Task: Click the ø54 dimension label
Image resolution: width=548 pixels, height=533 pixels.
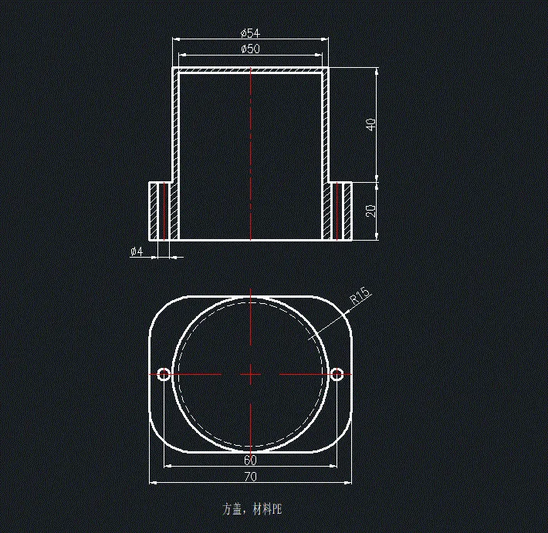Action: (250, 32)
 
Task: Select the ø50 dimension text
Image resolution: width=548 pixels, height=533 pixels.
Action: (250, 49)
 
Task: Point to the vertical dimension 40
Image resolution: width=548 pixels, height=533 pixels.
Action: (371, 123)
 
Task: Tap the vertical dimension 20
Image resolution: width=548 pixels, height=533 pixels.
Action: (371, 211)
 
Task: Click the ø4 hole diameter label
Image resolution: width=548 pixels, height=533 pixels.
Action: (137, 251)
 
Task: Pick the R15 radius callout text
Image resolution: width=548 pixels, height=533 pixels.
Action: (360, 296)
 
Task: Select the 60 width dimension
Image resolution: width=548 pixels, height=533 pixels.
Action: (250, 460)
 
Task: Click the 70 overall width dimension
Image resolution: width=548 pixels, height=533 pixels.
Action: (250, 477)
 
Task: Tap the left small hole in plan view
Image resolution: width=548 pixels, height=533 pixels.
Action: (164, 374)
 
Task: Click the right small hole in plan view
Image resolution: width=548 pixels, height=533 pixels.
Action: (337, 374)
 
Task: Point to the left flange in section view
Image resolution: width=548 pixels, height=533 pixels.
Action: (158, 211)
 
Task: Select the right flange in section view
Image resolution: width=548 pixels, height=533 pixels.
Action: (342, 211)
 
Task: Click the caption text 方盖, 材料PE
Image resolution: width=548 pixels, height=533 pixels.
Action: (252, 509)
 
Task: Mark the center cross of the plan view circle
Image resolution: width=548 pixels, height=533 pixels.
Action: (250, 374)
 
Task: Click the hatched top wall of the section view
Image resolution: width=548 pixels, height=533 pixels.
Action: (250, 70)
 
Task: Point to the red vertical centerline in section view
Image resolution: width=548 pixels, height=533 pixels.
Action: (251, 154)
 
